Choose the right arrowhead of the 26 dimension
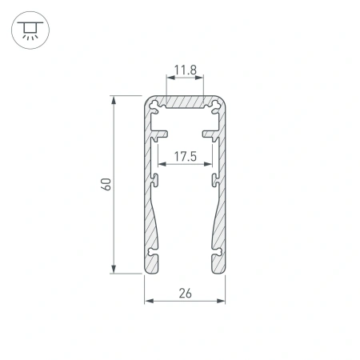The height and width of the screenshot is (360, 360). pyautogui.click(x=221, y=301)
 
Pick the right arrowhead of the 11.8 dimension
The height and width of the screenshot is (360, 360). pyautogui.click(x=199, y=80)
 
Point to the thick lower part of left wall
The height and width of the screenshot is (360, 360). pyautogui.click(x=151, y=228)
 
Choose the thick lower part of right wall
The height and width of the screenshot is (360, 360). pyautogui.click(x=218, y=228)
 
